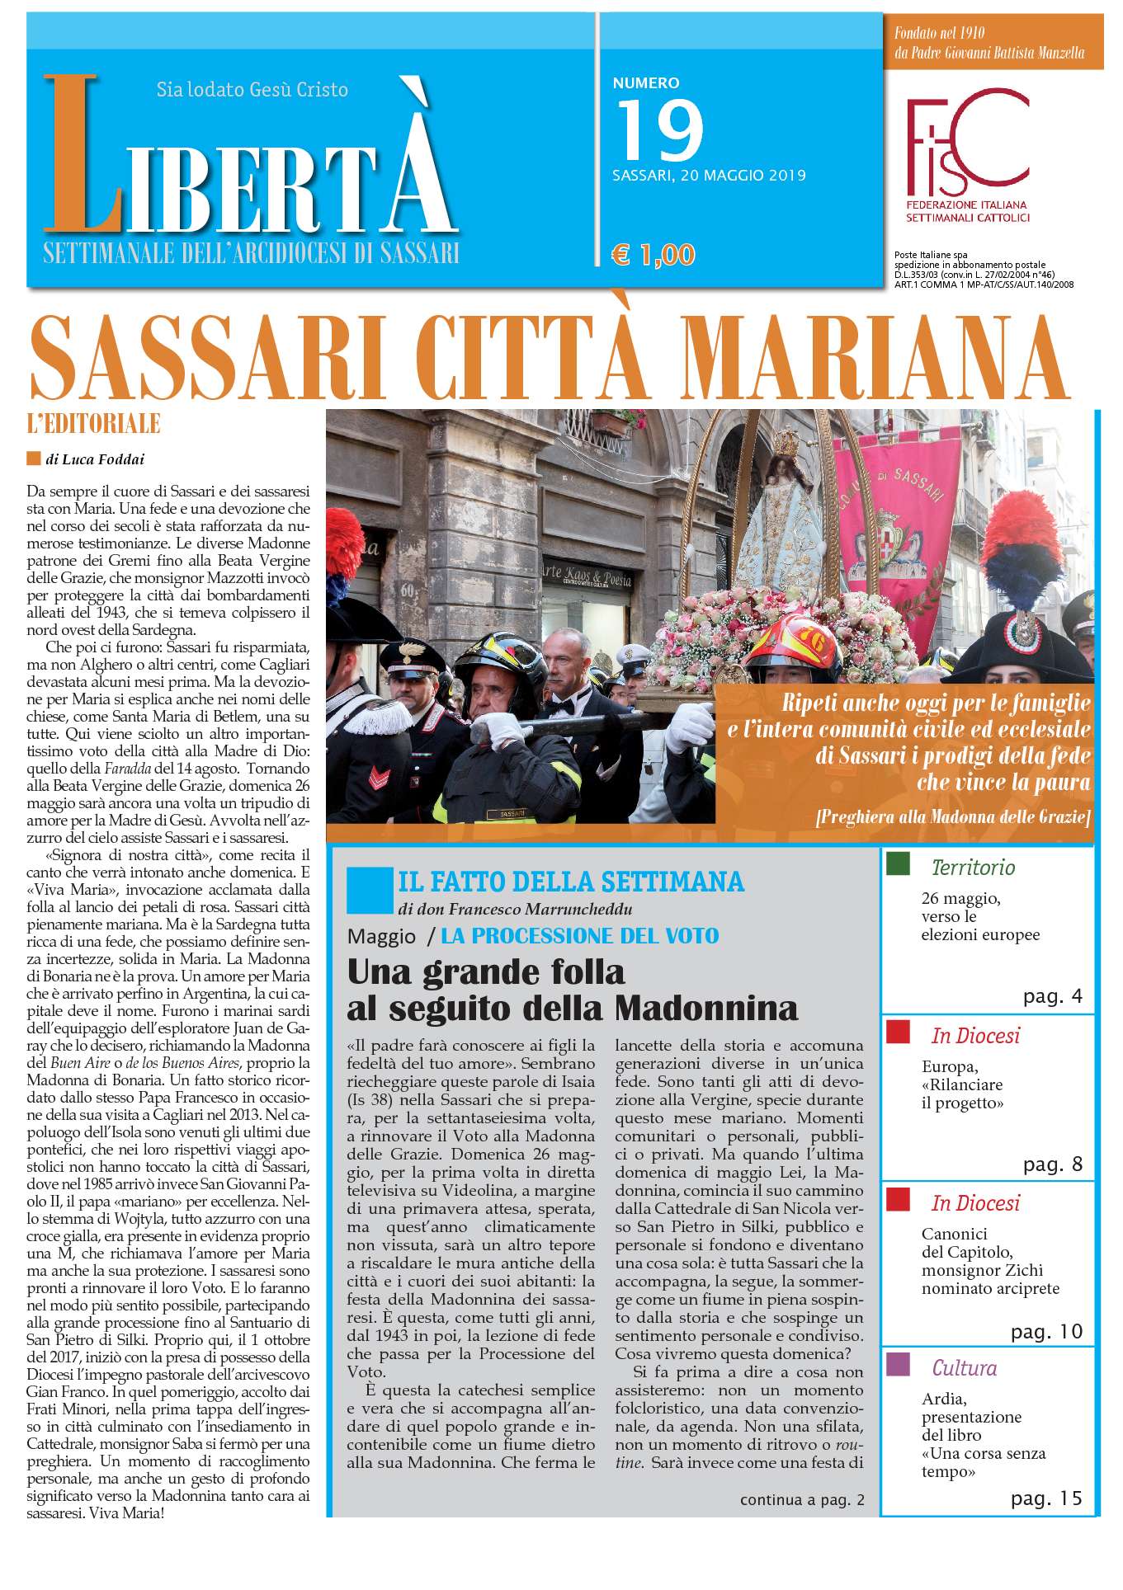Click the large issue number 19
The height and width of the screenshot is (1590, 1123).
pyautogui.click(x=659, y=130)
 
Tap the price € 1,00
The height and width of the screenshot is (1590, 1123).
pyautogui.click(x=653, y=255)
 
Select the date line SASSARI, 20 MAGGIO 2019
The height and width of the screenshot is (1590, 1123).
pyautogui.click(x=709, y=176)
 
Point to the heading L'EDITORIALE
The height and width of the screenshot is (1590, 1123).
pyautogui.click(x=93, y=424)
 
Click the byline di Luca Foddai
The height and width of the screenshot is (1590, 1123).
pyautogui.click(x=89, y=459)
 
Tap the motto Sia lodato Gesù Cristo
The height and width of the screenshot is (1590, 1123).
pyautogui.click(x=252, y=89)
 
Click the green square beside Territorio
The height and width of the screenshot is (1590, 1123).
pyautogui.click(x=898, y=864)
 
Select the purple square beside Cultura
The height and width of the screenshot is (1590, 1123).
pyautogui.click(x=898, y=1365)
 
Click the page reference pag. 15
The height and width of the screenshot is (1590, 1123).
pyautogui.click(x=1045, y=1498)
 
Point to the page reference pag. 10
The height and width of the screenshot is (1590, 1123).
pyautogui.click(x=1046, y=1332)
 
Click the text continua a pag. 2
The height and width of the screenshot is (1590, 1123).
pyautogui.click(x=802, y=1499)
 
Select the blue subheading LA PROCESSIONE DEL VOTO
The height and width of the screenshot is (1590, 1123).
pyautogui.click(x=579, y=936)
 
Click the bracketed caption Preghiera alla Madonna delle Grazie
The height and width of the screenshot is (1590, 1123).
pyautogui.click(x=952, y=817)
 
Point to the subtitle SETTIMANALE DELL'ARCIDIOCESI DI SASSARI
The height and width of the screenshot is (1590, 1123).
pyautogui.click(x=251, y=252)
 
